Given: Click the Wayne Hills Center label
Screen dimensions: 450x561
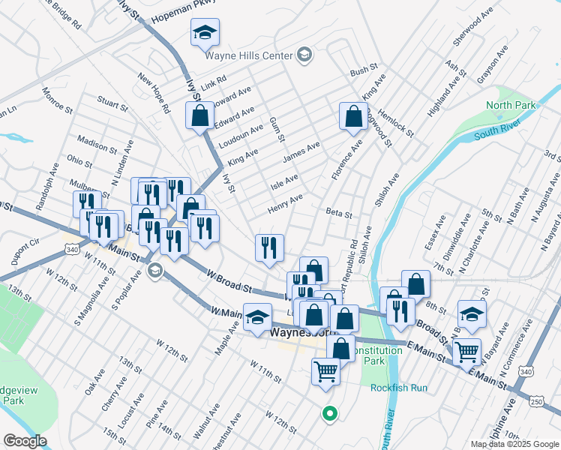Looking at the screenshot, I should click(248, 54).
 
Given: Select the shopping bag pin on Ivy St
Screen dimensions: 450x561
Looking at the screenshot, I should click(200, 116).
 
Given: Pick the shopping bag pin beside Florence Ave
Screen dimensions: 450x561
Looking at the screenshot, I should click(352, 117).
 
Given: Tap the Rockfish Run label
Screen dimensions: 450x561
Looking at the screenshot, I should click(398, 388).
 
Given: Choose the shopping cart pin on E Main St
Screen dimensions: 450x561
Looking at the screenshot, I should click(467, 350).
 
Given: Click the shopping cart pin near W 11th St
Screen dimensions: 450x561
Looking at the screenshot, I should click(325, 370).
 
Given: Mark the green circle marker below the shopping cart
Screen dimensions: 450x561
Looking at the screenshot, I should click(328, 412).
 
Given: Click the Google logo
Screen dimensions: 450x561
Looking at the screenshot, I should click(25, 441).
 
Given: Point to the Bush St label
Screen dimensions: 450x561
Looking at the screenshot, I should click(364, 71).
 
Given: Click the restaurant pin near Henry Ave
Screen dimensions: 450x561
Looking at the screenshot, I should click(269, 247).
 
